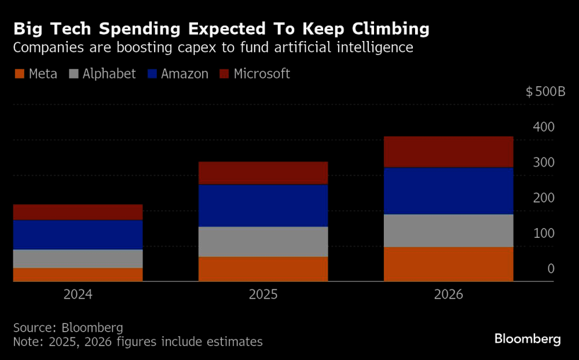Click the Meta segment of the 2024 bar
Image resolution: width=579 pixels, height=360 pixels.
coord(78,274)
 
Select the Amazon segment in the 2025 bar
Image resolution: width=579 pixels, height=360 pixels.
coord(263,205)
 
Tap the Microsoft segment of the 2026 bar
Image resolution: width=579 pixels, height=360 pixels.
coord(449,152)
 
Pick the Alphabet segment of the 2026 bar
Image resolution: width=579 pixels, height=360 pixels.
coord(449,230)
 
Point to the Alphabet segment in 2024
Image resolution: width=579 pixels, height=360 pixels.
coord(78,258)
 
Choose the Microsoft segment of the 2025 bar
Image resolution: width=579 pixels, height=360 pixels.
coord(263,172)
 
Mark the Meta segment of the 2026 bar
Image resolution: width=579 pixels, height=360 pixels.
coord(449,264)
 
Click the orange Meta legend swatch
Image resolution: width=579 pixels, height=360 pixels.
coord(19,74)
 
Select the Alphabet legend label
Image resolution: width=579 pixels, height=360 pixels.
coord(109,74)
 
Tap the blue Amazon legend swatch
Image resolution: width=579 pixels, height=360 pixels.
coord(153,74)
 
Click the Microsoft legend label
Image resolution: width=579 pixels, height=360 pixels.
coord(262,74)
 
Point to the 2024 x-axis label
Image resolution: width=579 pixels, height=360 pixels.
coord(78,295)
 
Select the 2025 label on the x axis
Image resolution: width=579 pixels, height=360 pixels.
coord(263,295)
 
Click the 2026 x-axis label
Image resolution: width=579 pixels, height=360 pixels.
coord(449,295)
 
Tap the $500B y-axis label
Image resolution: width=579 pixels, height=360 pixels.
coord(545,92)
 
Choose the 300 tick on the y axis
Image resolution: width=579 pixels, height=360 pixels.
coord(544,163)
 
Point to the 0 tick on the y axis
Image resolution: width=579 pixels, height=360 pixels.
coord(551,269)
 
